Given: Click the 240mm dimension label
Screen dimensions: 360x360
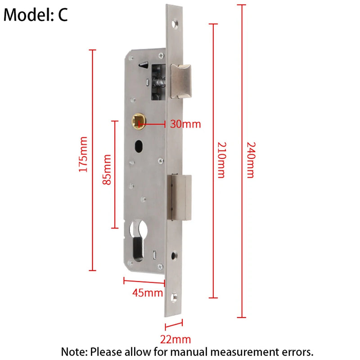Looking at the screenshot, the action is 251,160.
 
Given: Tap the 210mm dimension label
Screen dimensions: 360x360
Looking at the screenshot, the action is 222,160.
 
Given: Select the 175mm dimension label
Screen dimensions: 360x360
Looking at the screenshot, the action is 83,154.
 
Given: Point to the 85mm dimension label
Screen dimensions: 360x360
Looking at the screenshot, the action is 107,170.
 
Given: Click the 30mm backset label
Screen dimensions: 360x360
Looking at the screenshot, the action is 185,124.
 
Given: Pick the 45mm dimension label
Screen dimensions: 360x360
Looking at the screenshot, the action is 148,293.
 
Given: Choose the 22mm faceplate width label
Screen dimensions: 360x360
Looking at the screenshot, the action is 175,339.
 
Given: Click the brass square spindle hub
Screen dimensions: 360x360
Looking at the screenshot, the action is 139,121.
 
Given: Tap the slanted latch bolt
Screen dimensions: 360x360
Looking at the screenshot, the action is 181,81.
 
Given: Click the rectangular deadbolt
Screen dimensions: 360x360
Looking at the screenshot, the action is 180,198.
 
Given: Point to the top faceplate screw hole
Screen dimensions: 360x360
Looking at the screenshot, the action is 175,24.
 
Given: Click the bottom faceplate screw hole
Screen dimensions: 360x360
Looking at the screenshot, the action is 174,297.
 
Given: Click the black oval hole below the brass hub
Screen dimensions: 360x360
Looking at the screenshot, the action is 139,146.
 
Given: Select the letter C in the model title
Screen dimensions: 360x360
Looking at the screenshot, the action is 63,15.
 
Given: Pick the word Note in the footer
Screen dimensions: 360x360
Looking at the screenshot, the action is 74,352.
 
